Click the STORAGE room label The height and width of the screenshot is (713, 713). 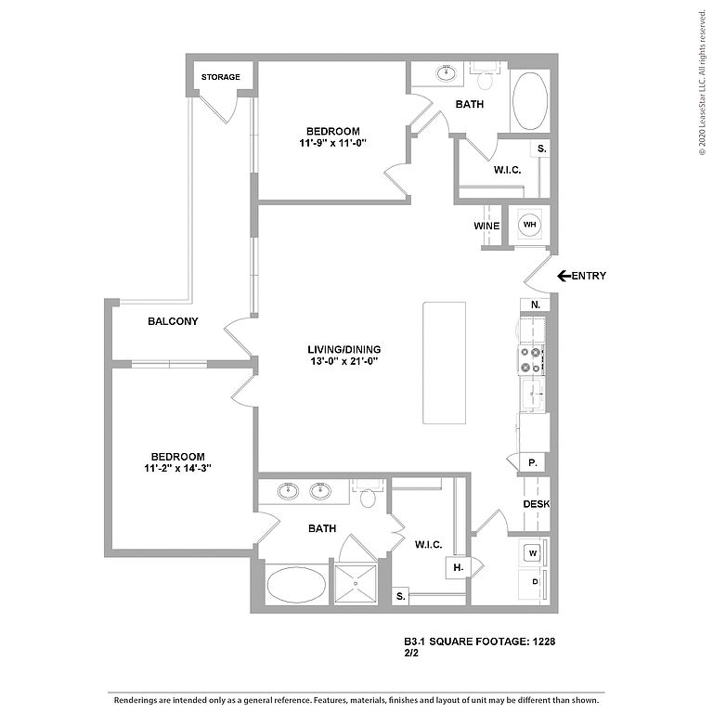[x=221, y=77]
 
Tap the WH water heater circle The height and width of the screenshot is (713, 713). [x=530, y=225]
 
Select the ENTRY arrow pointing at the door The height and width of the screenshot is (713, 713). [x=564, y=276]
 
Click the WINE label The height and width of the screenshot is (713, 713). [x=486, y=226]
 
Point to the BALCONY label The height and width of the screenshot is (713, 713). [x=173, y=321]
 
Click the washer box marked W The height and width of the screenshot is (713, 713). [x=533, y=553]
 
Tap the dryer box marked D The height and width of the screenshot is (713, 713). [x=535, y=581]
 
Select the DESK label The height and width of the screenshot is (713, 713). [x=537, y=504]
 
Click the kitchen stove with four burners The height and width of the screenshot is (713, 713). [x=531, y=359]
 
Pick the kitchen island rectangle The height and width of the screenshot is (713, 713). [x=445, y=363]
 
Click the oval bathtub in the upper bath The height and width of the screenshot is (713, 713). [x=530, y=101]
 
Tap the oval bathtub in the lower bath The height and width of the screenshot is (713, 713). [x=296, y=584]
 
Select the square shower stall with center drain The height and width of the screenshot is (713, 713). [x=356, y=584]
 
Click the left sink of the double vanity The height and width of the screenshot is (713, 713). [x=288, y=490]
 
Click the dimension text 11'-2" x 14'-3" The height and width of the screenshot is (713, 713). [x=178, y=468]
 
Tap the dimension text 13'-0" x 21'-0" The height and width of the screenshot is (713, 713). [x=344, y=361]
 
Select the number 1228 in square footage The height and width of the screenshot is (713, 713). [x=544, y=642]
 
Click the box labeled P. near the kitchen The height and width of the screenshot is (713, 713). [x=533, y=463]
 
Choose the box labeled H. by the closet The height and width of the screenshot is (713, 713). [x=458, y=567]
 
